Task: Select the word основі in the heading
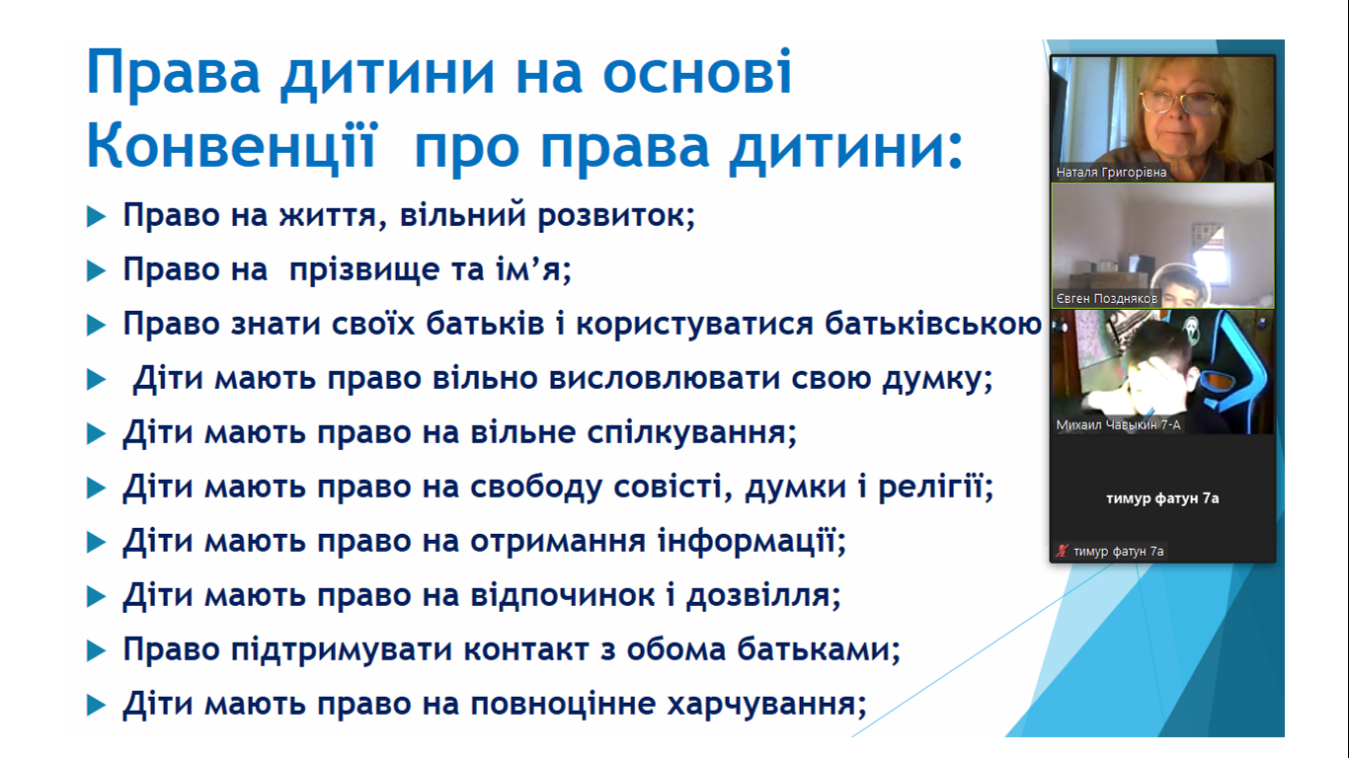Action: [x=697, y=73]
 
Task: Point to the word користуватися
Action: [x=695, y=325]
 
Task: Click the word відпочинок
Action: [x=562, y=596]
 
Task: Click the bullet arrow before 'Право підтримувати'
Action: [x=97, y=650]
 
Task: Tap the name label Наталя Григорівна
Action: [x=1111, y=173]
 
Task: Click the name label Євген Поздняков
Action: [x=1107, y=299]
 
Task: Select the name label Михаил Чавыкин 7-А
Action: [x=1118, y=425]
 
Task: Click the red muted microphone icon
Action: [x=1062, y=551]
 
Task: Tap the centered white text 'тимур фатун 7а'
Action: [x=1162, y=498]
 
